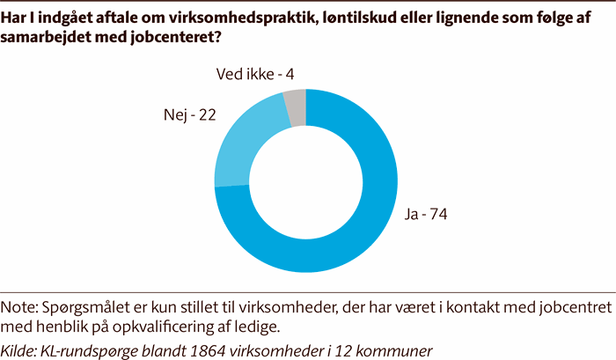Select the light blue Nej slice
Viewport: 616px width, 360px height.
coord(241,150)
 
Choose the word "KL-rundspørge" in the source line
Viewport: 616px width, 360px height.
coord(98,348)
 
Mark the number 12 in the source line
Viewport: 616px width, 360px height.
coord(350,348)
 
